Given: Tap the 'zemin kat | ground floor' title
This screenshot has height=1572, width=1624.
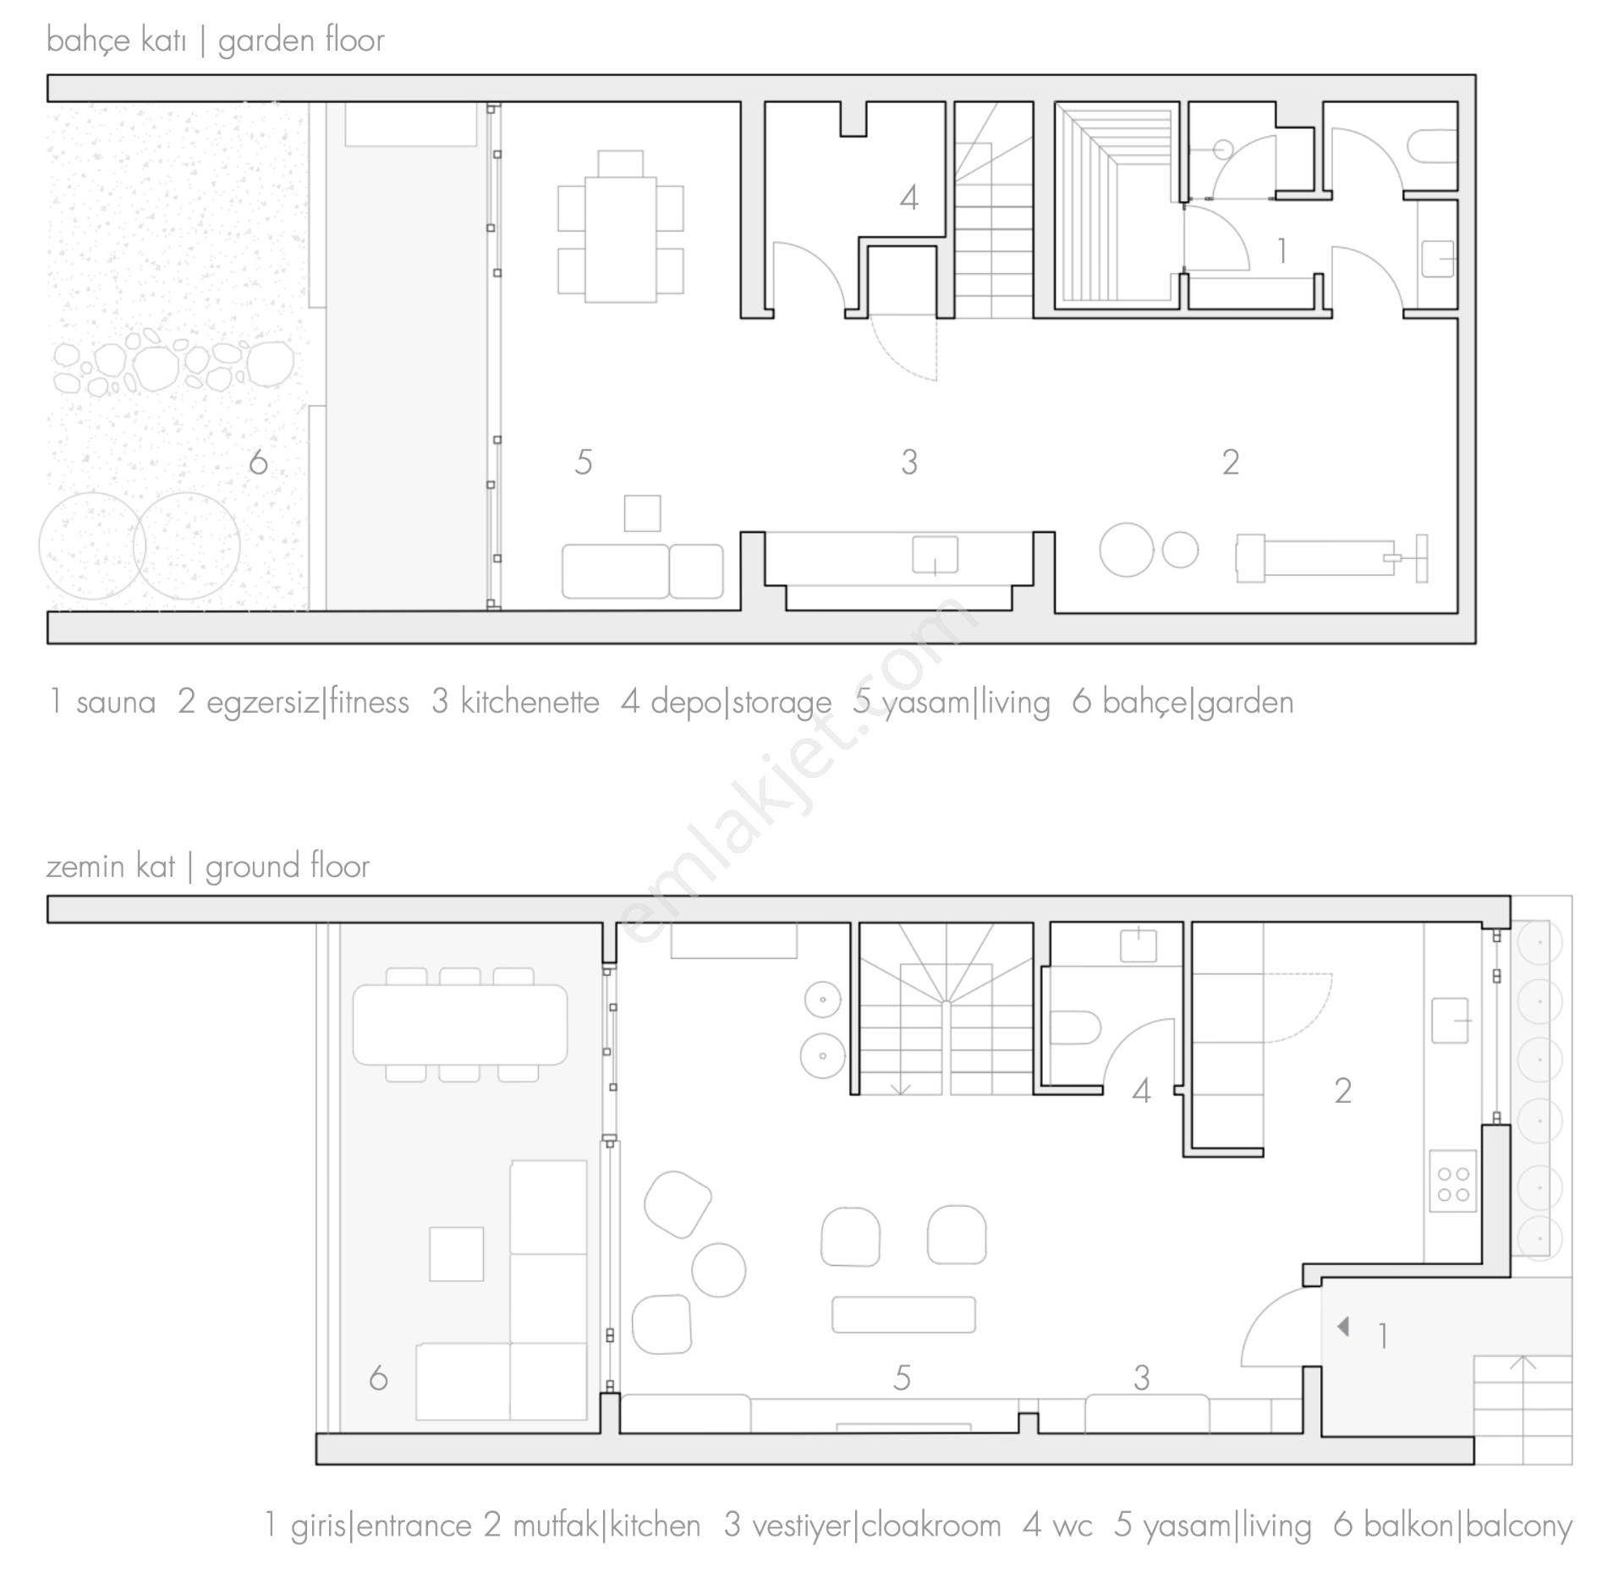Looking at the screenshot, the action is point(208,867).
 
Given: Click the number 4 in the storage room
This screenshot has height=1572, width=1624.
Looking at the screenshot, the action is point(909,198).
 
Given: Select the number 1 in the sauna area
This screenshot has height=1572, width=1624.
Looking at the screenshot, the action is point(1282,251).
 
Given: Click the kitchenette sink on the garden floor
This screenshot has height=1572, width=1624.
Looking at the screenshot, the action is point(935,556).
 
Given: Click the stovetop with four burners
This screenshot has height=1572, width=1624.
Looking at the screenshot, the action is point(1453,1184).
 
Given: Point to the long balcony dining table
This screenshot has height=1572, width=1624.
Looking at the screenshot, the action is point(460,1024).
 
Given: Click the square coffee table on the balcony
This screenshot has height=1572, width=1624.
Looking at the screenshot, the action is point(457,1254).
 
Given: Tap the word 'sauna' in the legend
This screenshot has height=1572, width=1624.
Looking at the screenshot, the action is point(116,703).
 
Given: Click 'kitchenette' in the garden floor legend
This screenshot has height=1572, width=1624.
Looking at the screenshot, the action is point(529,703).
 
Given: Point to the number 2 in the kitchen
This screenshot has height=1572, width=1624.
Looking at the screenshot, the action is point(1343,1091).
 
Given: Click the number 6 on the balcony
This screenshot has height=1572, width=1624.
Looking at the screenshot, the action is point(378,1378).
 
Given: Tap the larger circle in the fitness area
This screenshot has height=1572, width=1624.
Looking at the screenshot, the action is point(1126,550).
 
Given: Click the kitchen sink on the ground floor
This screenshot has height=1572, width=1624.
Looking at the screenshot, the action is point(1451,1021).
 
